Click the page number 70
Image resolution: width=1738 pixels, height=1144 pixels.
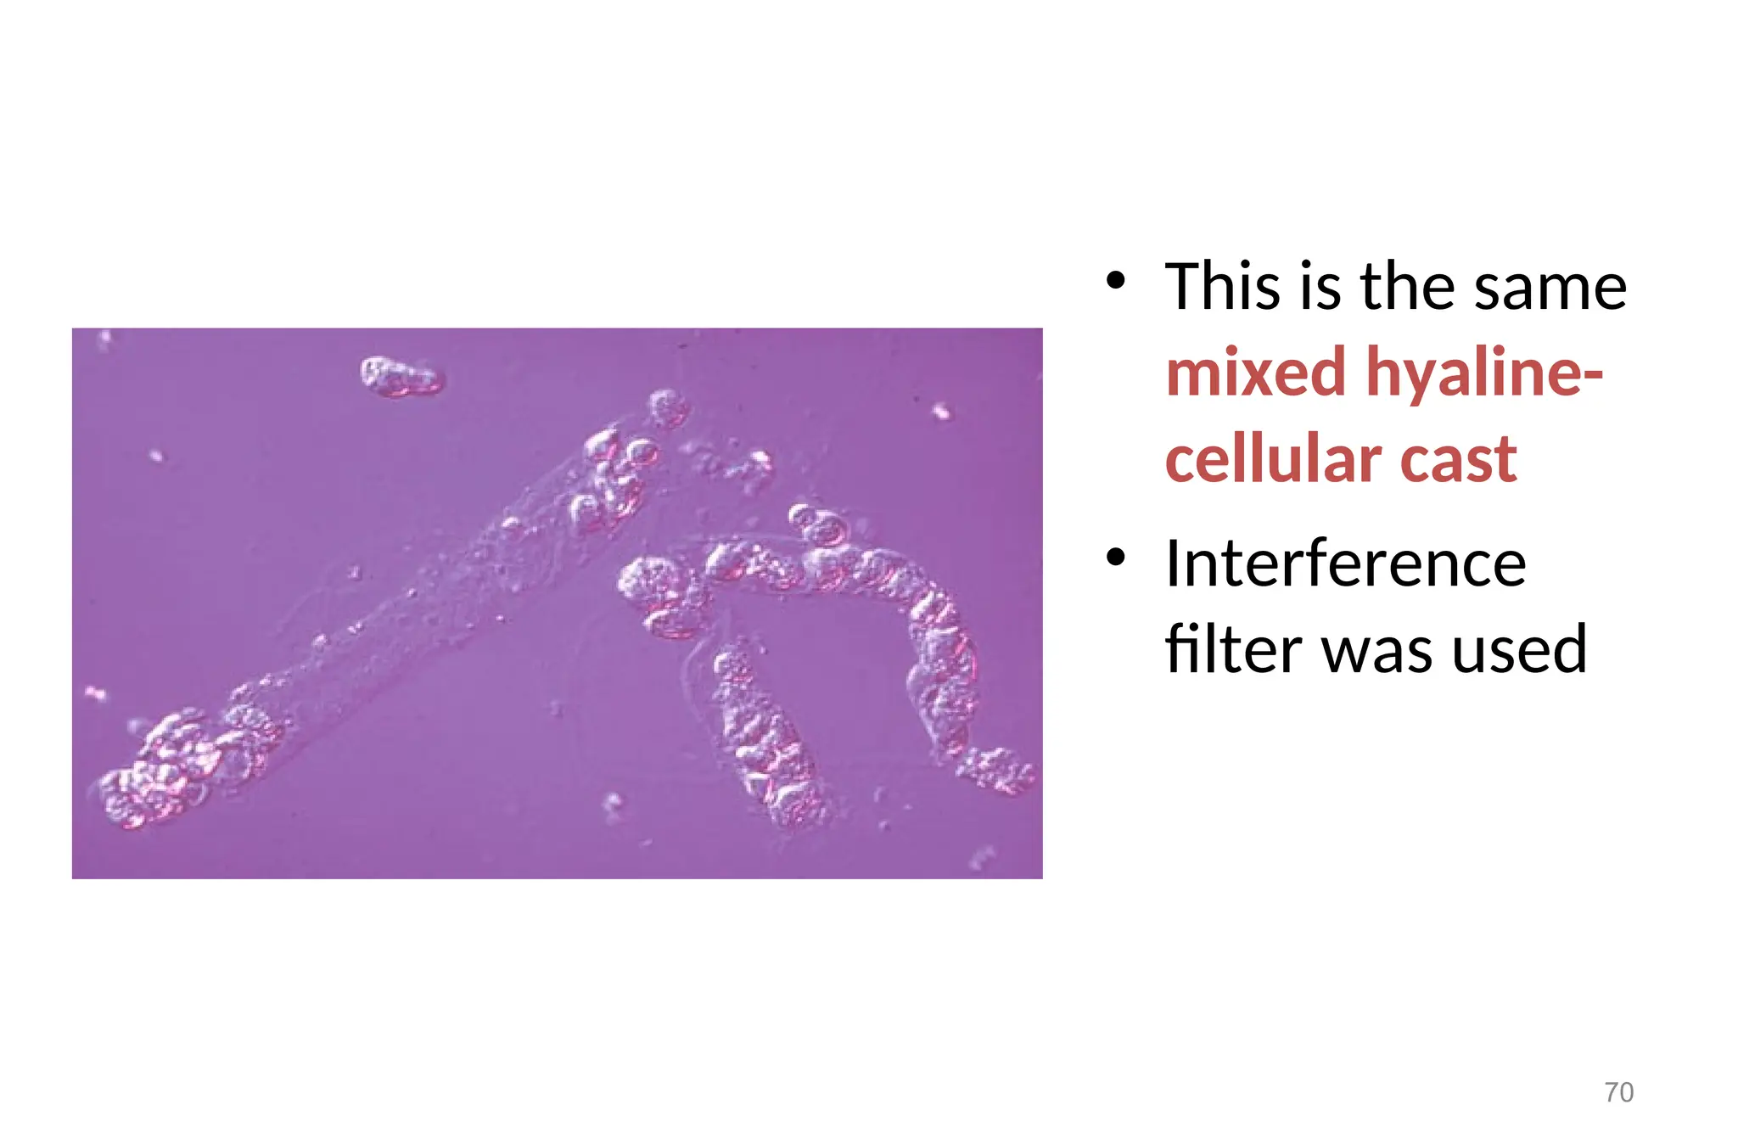pyautogui.click(x=1618, y=1091)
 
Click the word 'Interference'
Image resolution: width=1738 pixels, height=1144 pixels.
pyautogui.click(x=1346, y=564)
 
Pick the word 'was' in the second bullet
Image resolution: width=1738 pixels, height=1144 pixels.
pyautogui.click(x=1378, y=649)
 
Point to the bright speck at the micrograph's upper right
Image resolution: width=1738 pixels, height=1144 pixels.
pyautogui.click(x=940, y=412)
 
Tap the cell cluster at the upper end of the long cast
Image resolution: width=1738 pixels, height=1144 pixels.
pyautogui.click(x=615, y=475)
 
